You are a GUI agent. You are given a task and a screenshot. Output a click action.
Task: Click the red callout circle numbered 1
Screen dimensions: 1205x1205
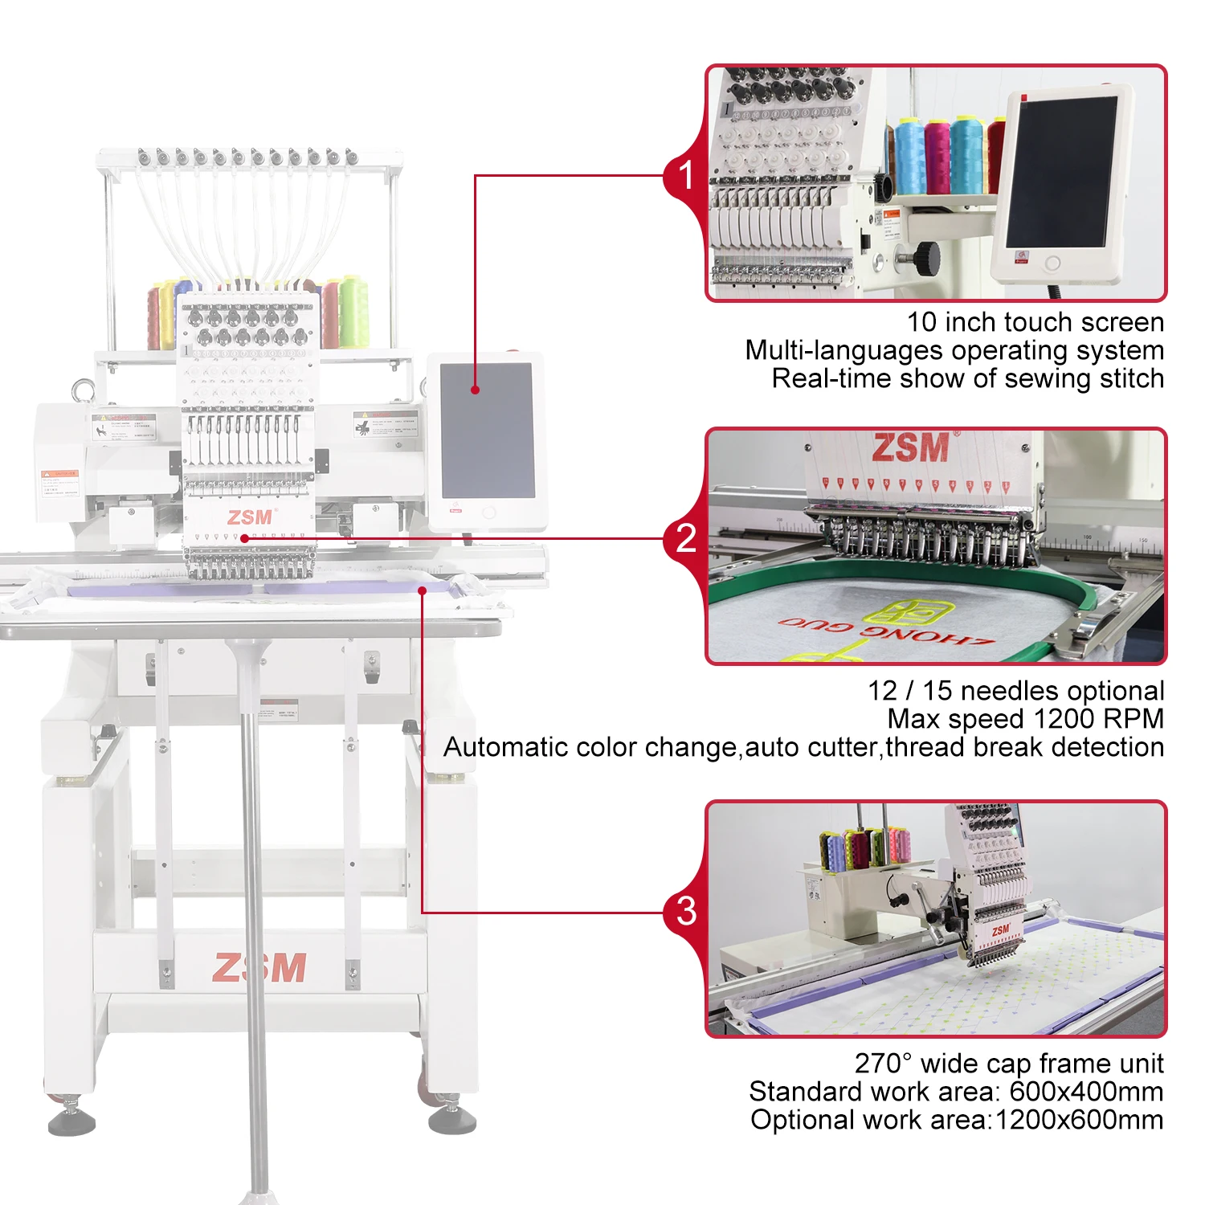coord(685,175)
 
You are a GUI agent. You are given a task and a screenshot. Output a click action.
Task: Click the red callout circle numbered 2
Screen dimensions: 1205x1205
coord(685,538)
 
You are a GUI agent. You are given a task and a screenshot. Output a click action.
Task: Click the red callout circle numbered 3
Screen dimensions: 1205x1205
coord(685,911)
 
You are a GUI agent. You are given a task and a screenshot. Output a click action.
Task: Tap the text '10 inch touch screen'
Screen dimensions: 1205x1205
coord(1035,322)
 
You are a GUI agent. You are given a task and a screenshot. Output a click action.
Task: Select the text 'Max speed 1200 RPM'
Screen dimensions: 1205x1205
coord(1025,718)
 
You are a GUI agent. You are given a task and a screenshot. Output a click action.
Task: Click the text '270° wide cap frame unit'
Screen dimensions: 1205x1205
coord(1008,1063)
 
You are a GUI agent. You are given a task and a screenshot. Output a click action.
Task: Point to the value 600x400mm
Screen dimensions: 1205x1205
coord(1085,1091)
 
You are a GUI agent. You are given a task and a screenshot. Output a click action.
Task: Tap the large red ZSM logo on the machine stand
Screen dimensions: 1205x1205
coord(259,968)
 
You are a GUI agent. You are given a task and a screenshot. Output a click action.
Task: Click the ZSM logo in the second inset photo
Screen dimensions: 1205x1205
coord(911,448)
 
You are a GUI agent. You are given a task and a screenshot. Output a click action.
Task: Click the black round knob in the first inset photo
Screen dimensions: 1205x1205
coord(927,258)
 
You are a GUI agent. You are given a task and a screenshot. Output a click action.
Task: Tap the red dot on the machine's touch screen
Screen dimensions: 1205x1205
coord(476,390)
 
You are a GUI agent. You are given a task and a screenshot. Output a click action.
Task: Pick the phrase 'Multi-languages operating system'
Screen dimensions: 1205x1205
coord(954,350)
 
